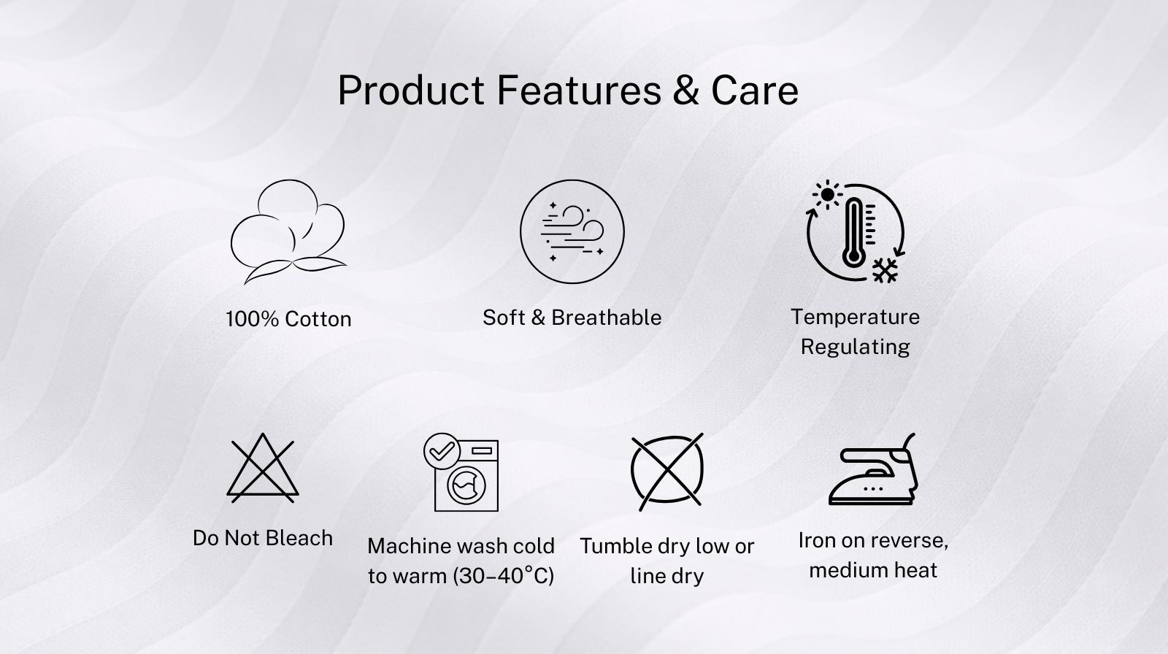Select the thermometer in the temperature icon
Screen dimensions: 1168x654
(853, 233)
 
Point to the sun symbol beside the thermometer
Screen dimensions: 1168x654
(828, 195)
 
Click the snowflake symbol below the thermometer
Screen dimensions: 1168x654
(885, 270)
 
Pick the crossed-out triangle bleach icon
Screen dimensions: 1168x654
(263, 468)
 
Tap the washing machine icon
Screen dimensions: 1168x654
(461, 472)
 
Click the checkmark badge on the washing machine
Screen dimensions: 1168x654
(442, 451)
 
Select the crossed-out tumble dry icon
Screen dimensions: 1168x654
(667, 472)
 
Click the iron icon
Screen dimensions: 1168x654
(873, 469)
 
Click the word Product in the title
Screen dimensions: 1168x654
(412, 91)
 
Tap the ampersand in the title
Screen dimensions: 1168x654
(685, 91)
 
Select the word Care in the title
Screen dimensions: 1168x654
(755, 91)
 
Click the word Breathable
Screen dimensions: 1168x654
(607, 318)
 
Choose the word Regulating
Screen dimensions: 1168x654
(855, 347)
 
